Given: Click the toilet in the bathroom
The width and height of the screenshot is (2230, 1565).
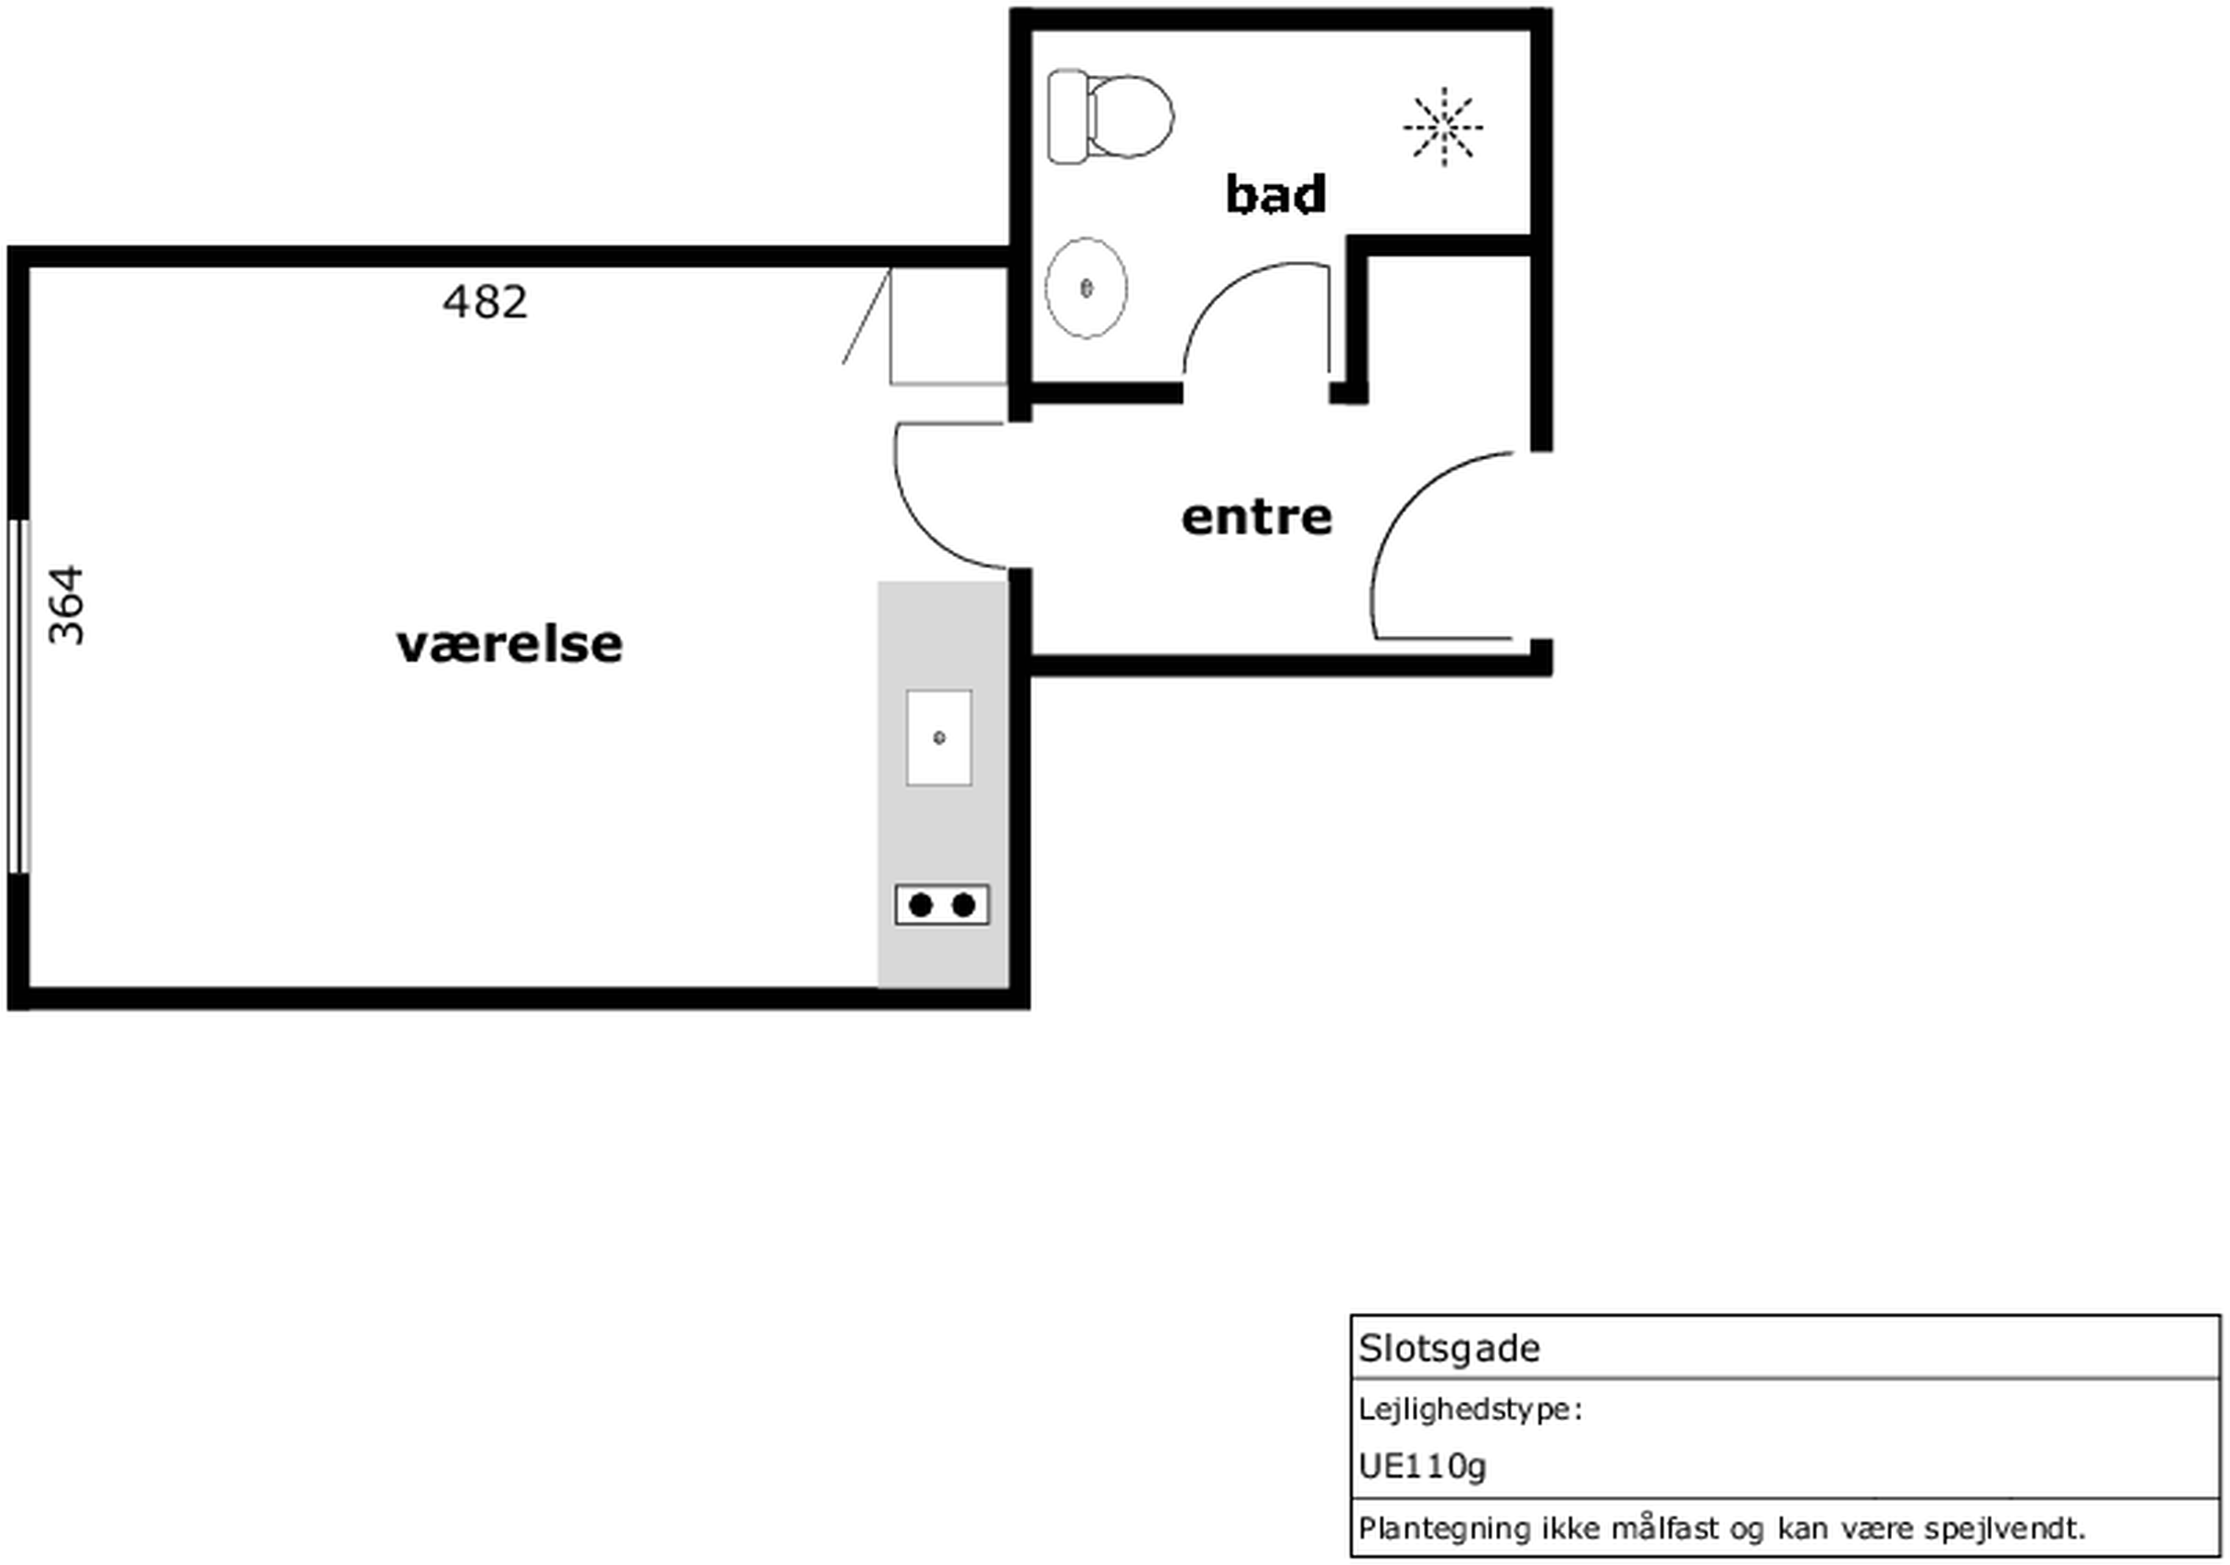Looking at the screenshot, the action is tap(1110, 116).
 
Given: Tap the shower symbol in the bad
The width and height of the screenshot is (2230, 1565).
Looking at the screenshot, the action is tap(1443, 126).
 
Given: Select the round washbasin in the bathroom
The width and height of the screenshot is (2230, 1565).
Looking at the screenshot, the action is tap(1086, 288).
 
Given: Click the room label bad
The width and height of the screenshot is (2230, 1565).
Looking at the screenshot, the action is tap(1275, 194).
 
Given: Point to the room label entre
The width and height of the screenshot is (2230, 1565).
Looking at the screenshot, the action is tap(1257, 517).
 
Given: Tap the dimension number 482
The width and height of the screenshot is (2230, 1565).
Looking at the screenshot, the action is tap(485, 302).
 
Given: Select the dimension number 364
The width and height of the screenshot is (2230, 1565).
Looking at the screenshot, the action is tap(66, 606).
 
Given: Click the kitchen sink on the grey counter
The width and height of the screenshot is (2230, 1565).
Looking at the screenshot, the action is tap(939, 738).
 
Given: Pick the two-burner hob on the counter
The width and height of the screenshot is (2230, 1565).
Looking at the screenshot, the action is tap(942, 905).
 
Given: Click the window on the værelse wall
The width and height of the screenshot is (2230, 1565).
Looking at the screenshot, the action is tap(19, 696).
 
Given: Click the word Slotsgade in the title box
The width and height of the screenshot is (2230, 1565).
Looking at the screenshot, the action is tap(1449, 1349).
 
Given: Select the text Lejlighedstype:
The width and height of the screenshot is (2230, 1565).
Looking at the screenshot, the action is tap(1470, 1409).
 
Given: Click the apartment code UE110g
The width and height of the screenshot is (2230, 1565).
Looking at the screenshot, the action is tap(1423, 1466).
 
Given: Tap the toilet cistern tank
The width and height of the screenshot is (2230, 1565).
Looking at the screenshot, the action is tap(1067, 116).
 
